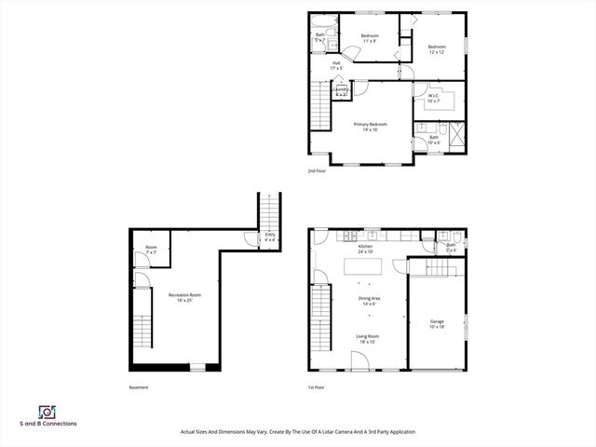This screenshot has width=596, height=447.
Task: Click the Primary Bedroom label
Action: coord(370,127)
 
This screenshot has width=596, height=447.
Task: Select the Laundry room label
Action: coord(340,91)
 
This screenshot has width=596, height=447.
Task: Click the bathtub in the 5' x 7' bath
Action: coord(320,22)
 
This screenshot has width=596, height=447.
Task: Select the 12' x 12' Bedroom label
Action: coord(436,49)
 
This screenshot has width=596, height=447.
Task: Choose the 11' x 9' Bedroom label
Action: coord(369,38)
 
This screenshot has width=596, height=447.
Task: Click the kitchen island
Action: coord(367,267)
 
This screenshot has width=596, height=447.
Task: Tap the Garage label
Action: coord(437,324)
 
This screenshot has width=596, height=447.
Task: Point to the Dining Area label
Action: coord(370,301)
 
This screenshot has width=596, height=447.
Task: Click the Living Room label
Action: coord(367,339)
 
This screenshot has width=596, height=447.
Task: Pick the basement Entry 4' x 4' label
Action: coord(270,237)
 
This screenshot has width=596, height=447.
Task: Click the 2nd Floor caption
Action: coord(318,171)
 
